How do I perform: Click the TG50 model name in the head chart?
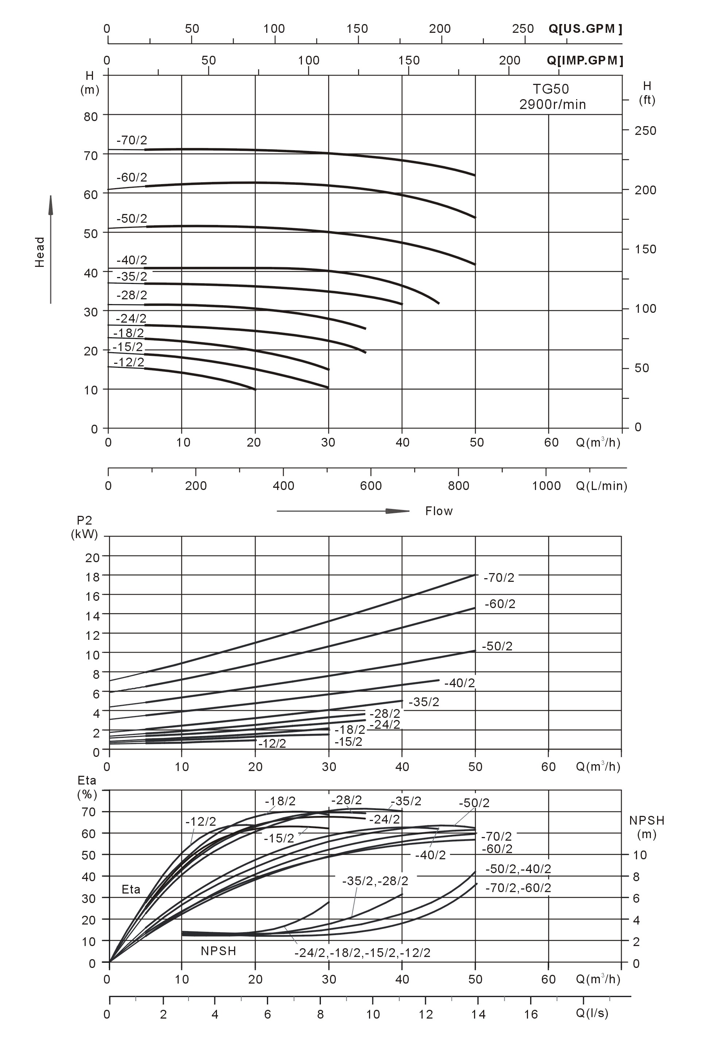coord(551,89)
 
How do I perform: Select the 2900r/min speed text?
coord(552,105)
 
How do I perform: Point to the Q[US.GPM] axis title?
coord(585,29)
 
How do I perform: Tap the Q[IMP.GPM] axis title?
coord(585,61)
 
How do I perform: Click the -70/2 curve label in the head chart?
coord(132,140)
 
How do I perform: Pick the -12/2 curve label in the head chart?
coord(129,362)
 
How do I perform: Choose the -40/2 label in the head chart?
coord(132,260)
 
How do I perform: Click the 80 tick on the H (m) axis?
coord(91,117)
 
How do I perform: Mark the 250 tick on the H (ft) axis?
coord(645,131)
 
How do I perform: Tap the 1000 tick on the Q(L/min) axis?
coord(546,486)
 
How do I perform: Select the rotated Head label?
coord(40,252)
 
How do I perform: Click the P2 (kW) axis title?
coord(85,527)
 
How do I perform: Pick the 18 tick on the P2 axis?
coord(92,577)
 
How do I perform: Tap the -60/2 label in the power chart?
coord(500,604)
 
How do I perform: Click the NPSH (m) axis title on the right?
coord(647,827)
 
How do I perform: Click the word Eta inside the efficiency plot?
coord(131,890)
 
